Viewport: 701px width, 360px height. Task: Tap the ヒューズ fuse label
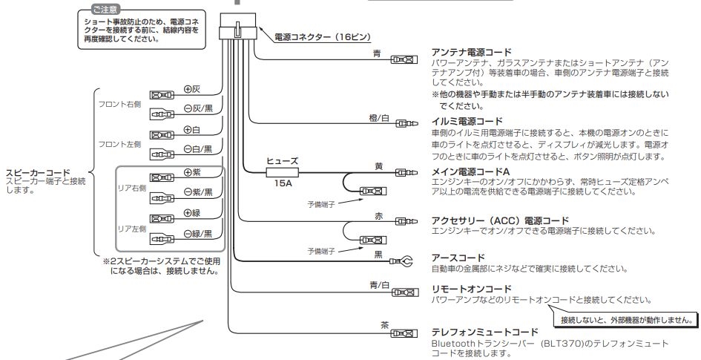point(283,160)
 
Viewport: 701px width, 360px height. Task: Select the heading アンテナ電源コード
point(471,53)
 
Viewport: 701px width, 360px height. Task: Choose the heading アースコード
point(453,258)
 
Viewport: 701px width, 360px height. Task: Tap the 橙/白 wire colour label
point(378,117)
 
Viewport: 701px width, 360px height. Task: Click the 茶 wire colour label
point(384,325)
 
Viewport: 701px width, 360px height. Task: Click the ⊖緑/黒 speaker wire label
point(198,234)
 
